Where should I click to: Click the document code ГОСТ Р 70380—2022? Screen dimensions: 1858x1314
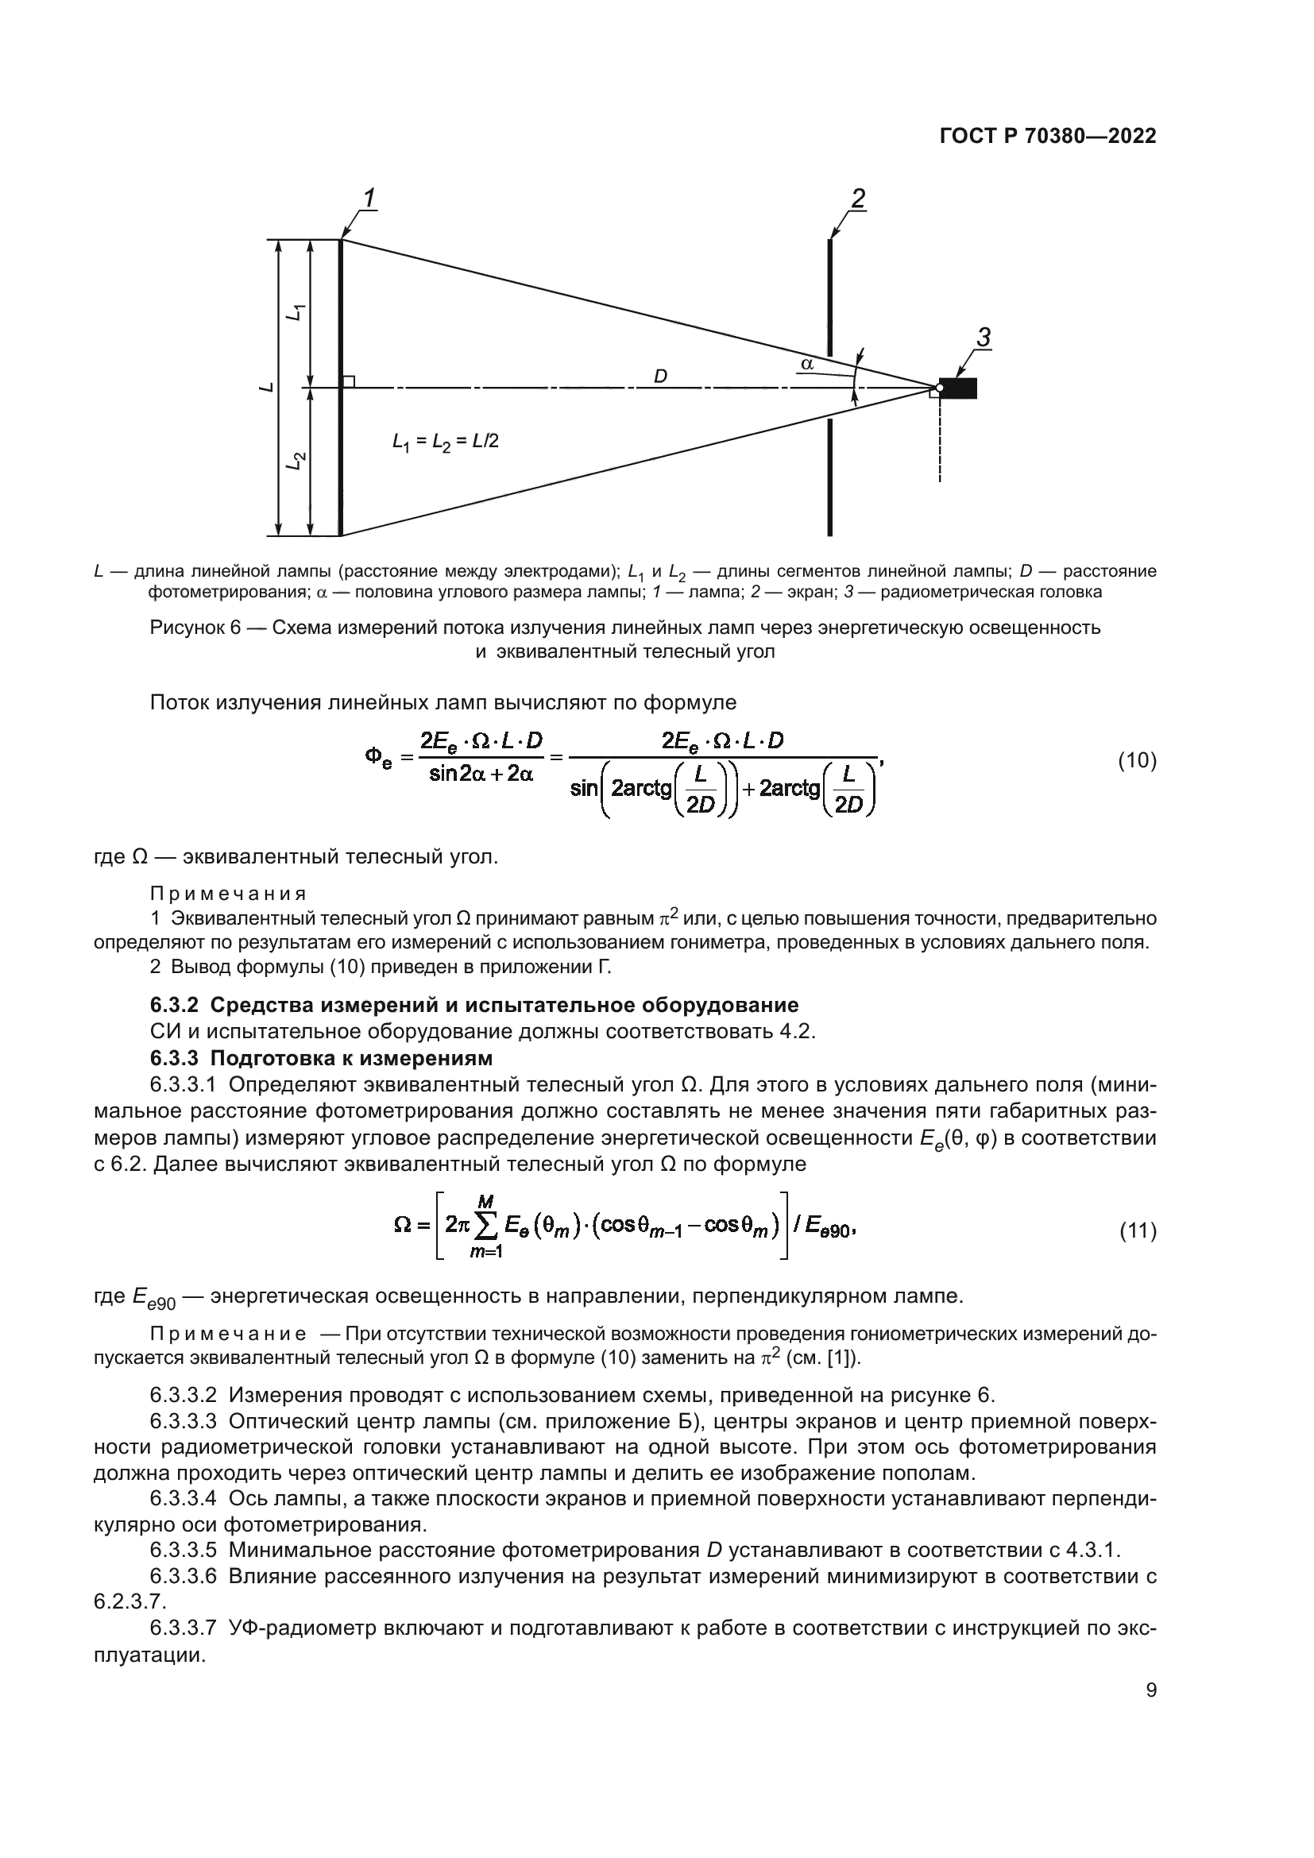click(x=1048, y=137)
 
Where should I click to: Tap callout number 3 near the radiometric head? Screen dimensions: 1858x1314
click(x=983, y=338)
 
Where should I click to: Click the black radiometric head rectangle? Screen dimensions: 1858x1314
click(x=958, y=388)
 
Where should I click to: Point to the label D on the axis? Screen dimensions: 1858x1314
click(x=660, y=377)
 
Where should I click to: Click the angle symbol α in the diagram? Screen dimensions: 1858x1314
click(x=806, y=364)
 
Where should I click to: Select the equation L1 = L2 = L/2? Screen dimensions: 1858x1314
click(x=445, y=441)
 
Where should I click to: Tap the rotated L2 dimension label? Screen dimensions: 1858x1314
click(x=297, y=462)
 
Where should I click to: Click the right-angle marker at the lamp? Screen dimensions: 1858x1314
click(x=348, y=381)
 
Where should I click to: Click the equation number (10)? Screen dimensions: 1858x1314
click(x=1137, y=760)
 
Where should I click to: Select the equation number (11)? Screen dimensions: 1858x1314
click(x=1137, y=1230)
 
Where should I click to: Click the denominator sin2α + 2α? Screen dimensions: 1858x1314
click(x=481, y=774)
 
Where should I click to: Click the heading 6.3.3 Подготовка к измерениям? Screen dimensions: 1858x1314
click(x=321, y=1057)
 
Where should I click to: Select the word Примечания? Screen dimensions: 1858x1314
click(x=228, y=894)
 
